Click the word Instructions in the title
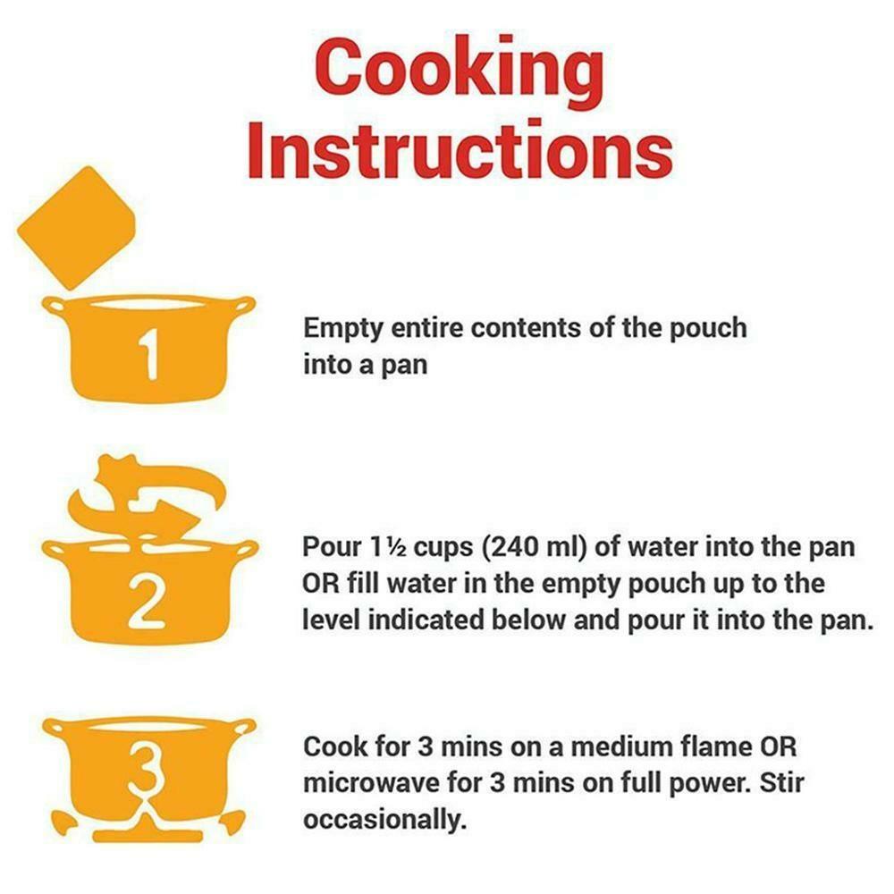[460, 148]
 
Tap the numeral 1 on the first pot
[149, 354]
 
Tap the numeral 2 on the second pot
[147, 602]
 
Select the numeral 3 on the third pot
[148, 767]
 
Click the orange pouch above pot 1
[76, 228]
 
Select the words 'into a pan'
[365, 365]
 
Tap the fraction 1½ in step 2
[388, 547]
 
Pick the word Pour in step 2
[332, 547]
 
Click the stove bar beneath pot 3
[148, 837]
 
